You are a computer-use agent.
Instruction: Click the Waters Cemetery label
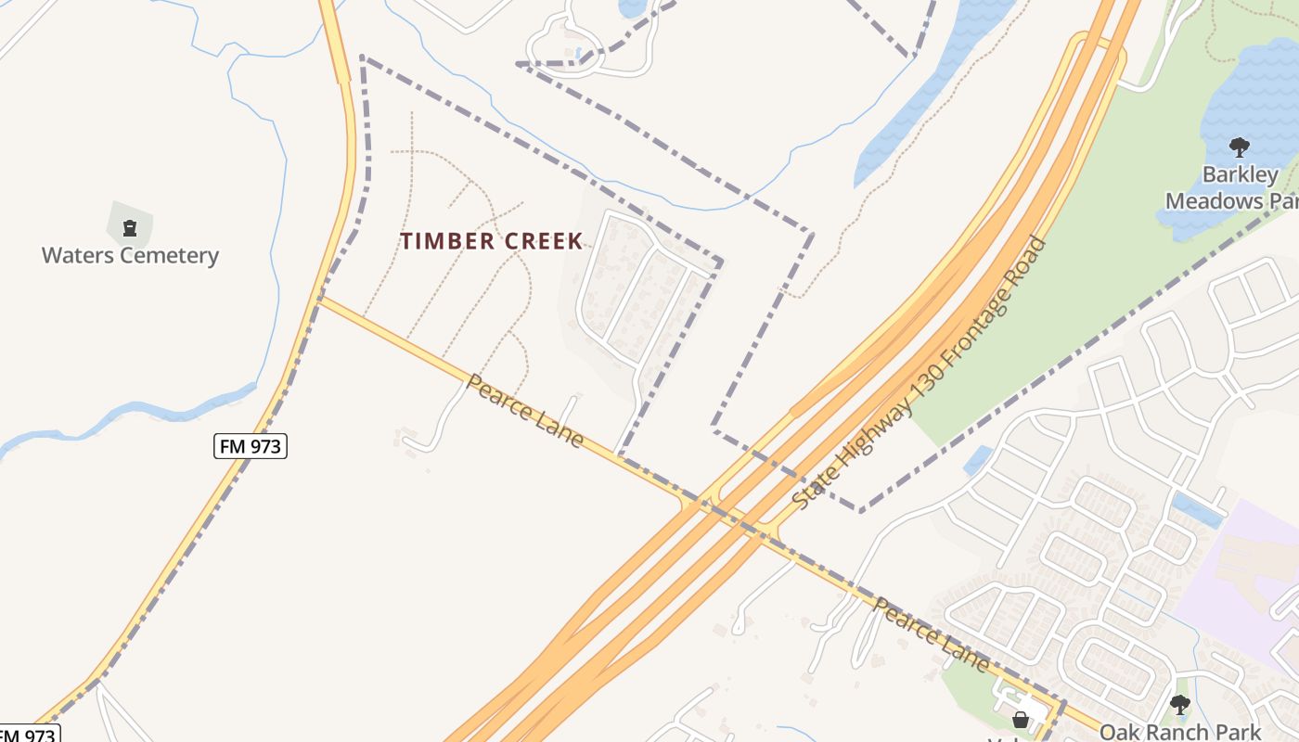coord(130,255)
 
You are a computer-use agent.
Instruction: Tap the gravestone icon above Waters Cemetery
coord(130,226)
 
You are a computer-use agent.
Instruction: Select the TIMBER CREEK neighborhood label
coord(492,241)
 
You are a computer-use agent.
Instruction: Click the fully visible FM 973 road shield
coord(250,446)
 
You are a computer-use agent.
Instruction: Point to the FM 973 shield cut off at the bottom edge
coord(28,735)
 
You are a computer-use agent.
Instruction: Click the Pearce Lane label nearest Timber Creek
coord(525,411)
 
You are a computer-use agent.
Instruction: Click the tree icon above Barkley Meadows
coord(1239,147)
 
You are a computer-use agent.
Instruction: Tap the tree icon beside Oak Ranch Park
coord(1180,705)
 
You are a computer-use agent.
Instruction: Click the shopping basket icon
coord(1021,720)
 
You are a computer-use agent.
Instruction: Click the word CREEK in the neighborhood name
coord(540,241)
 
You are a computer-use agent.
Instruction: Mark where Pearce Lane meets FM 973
coord(319,298)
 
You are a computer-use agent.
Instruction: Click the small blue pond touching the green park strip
coord(978,459)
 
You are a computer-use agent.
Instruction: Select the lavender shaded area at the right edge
coord(1243,575)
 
